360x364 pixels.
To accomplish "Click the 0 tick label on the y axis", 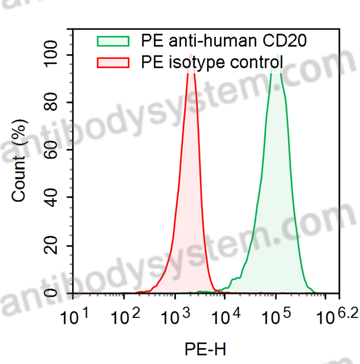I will click(56, 293).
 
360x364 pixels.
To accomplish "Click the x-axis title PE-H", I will click(205, 349).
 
